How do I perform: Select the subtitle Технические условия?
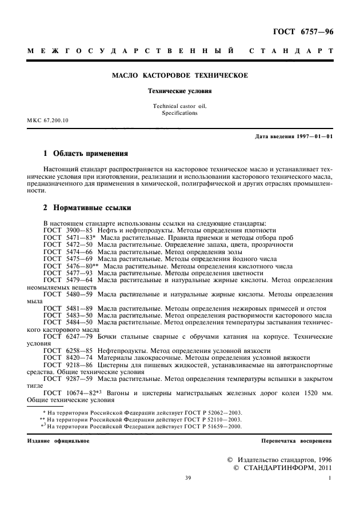[180, 90]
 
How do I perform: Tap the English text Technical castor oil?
[180, 106]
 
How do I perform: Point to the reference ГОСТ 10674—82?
[69, 393]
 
